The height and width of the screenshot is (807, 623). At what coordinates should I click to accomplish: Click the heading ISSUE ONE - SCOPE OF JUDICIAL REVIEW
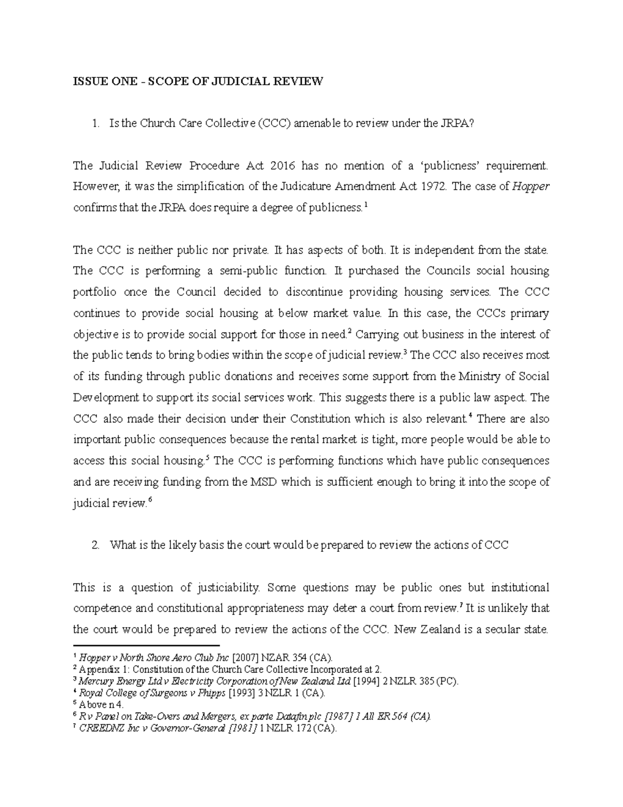tap(198, 82)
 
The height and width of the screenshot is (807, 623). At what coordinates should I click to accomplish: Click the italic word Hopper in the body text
tap(531, 187)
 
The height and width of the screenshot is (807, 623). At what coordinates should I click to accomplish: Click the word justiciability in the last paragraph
tap(227, 588)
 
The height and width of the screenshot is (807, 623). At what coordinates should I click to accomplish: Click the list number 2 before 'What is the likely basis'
tap(94, 545)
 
